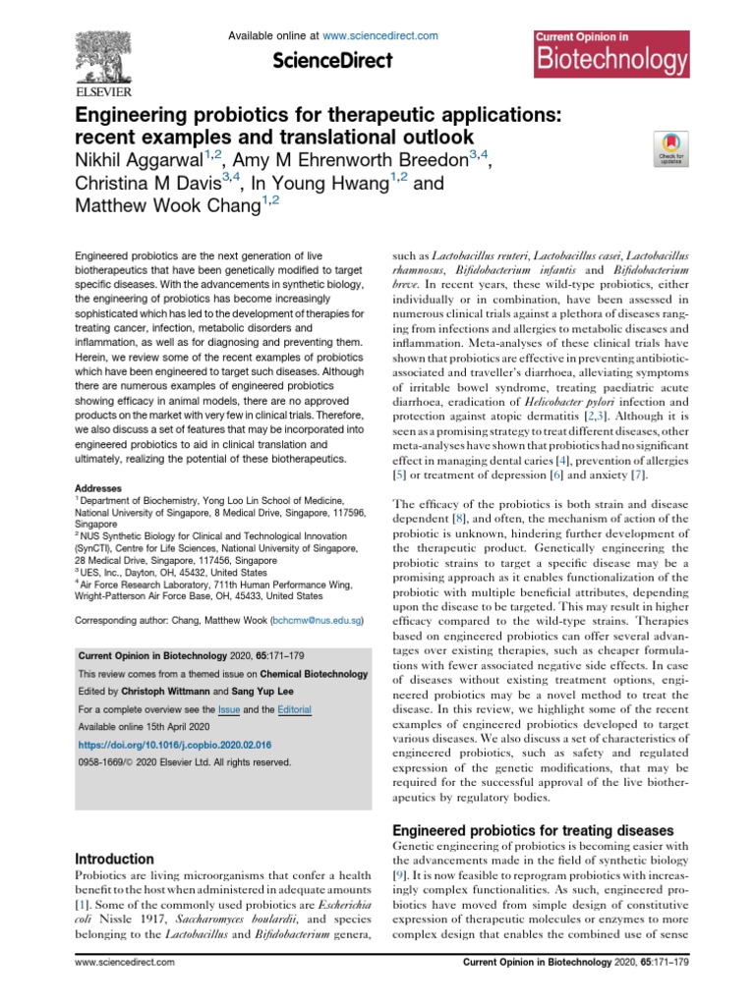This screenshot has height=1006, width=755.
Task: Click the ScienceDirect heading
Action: pyautogui.click(x=333, y=61)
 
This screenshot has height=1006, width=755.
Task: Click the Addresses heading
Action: pyautogui.click(x=97, y=487)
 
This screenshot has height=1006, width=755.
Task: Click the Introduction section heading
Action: pyautogui.click(x=115, y=859)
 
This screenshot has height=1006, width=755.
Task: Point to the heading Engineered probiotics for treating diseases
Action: pyautogui.click(x=533, y=830)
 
